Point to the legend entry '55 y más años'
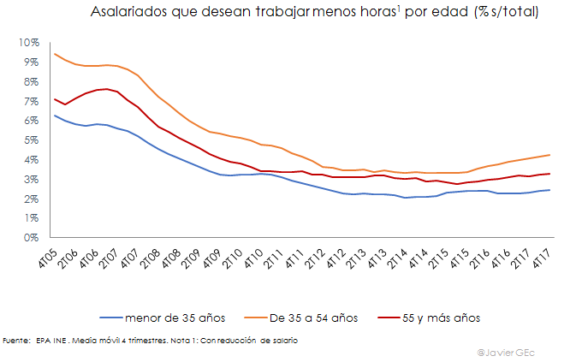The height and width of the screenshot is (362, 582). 442,317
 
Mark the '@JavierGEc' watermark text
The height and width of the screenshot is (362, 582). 513,352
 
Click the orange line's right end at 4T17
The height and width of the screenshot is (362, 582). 549,155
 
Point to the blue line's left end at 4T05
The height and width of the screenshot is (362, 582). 54,116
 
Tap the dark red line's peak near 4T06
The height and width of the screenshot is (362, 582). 103,89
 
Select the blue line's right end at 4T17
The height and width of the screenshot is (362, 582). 549,190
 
